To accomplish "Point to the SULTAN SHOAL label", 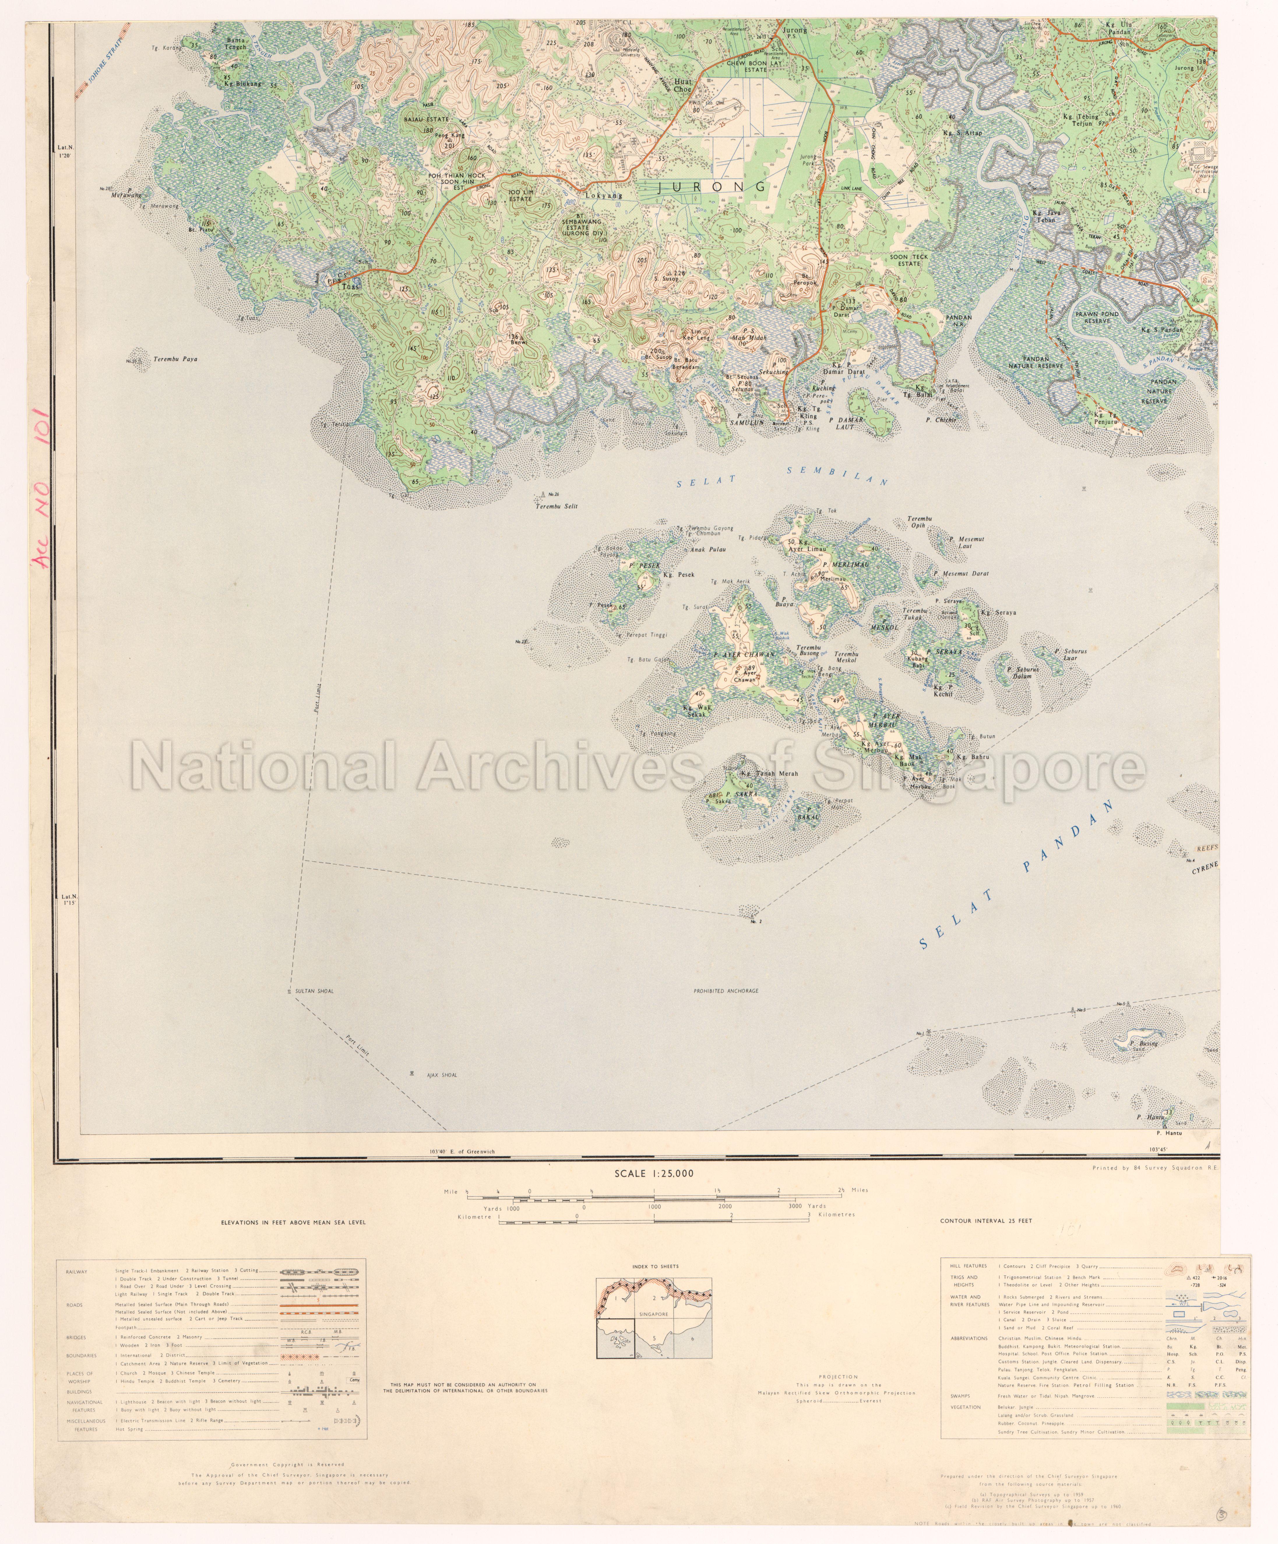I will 314,991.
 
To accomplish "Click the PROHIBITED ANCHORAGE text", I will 726,991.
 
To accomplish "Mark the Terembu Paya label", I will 175,359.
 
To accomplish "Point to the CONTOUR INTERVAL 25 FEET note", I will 985,1221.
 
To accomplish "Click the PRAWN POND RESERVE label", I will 1097,318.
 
